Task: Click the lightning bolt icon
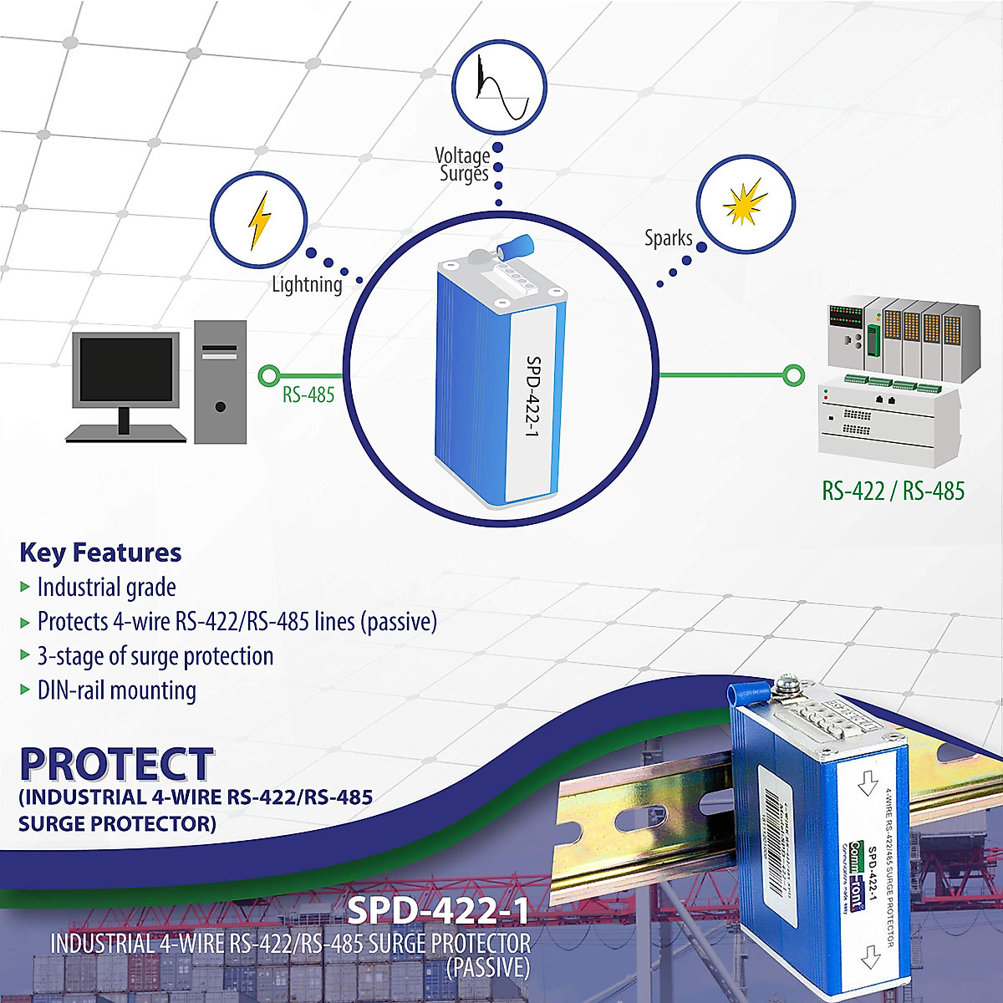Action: coord(260,221)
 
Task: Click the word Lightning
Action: coord(307,285)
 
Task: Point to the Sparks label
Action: coord(668,238)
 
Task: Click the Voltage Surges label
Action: coord(463,165)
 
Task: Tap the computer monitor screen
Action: coord(125,371)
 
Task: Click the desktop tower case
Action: coord(221,381)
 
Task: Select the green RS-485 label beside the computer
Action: coord(308,395)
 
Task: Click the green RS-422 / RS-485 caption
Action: coord(893,491)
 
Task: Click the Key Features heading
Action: coord(100,552)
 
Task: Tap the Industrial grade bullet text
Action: coord(106,588)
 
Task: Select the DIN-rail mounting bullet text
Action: coord(116,690)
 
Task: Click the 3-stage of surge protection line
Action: coord(155,656)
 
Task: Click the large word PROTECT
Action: coord(116,764)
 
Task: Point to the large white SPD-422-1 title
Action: coord(438,911)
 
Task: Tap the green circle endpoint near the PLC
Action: coord(794,375)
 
